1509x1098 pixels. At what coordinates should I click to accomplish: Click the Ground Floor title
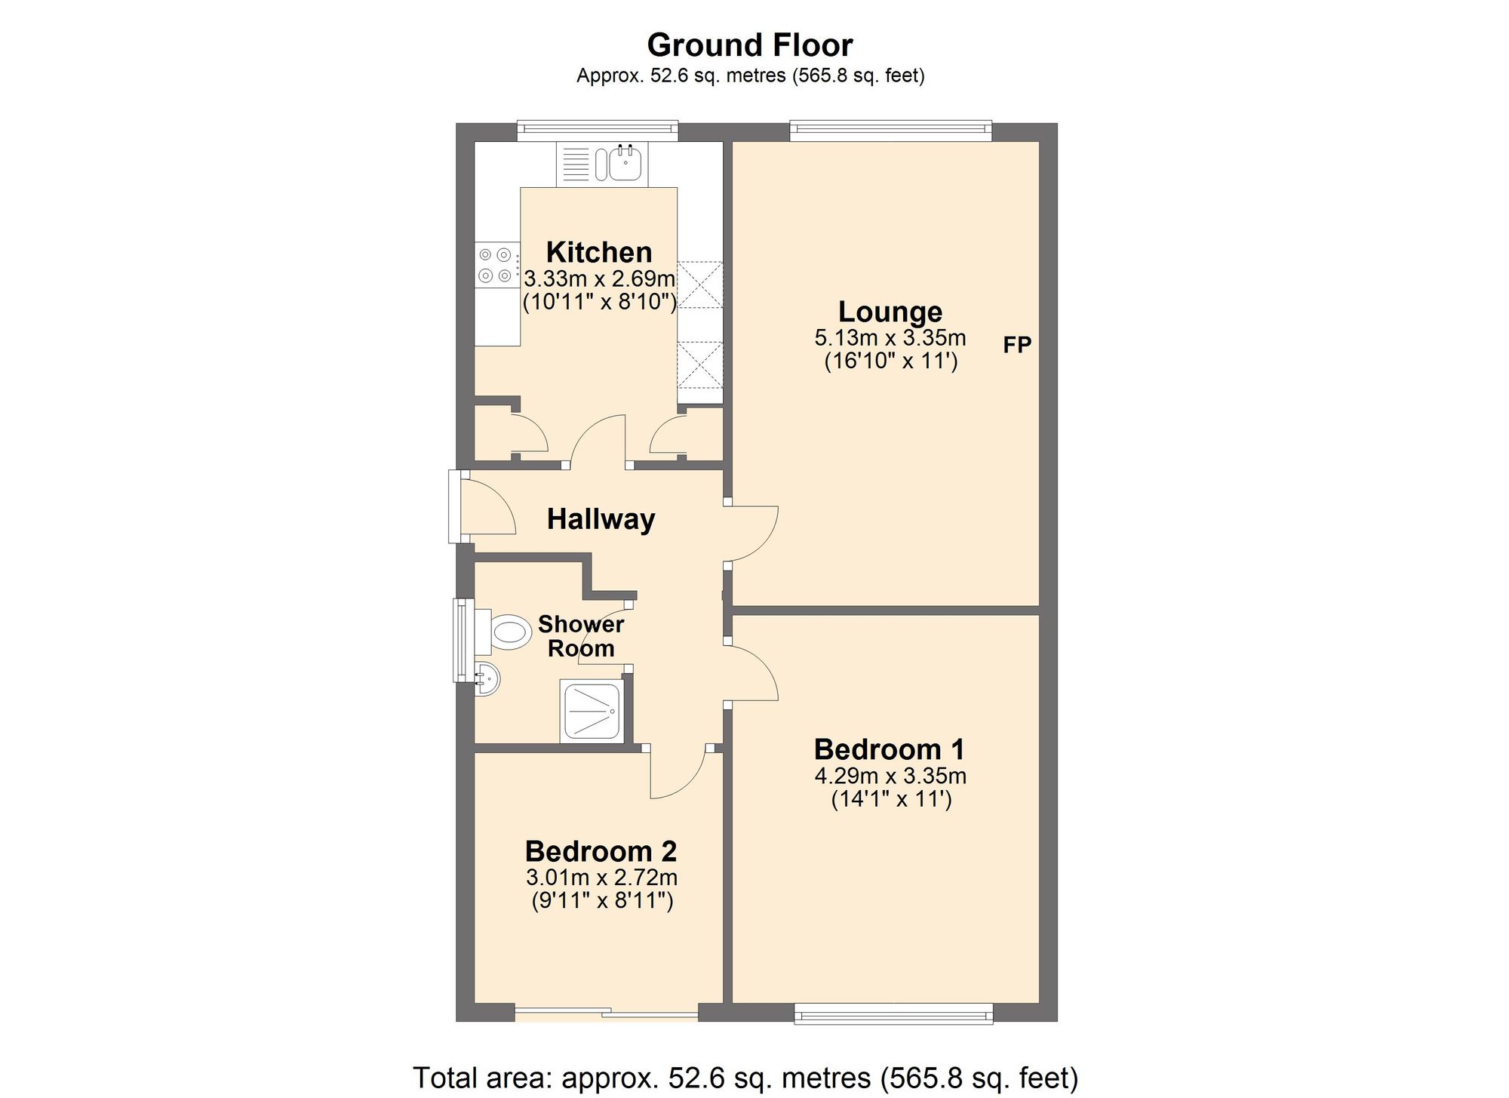749,45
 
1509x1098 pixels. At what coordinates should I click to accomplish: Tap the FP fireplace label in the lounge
1016,345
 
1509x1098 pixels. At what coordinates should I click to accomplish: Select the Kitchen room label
598,252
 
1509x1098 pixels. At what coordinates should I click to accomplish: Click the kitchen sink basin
625,164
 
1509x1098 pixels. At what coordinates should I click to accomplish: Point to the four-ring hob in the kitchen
496,266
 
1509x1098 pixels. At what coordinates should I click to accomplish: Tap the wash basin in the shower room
487,679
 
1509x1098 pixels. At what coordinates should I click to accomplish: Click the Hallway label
601,519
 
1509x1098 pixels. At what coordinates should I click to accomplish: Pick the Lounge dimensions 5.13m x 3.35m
890,338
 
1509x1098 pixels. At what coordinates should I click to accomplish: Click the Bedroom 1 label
889,749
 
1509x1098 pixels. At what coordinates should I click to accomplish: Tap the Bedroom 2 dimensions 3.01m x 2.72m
601,878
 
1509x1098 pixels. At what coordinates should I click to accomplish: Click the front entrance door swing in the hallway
487,506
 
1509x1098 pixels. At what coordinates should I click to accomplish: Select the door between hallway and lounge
751,533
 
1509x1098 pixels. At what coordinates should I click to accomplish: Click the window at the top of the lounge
890,131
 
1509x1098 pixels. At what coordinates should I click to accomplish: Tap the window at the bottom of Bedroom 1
893,1013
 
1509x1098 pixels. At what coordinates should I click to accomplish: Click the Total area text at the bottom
745,1077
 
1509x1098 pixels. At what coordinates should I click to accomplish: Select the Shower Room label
580,636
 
